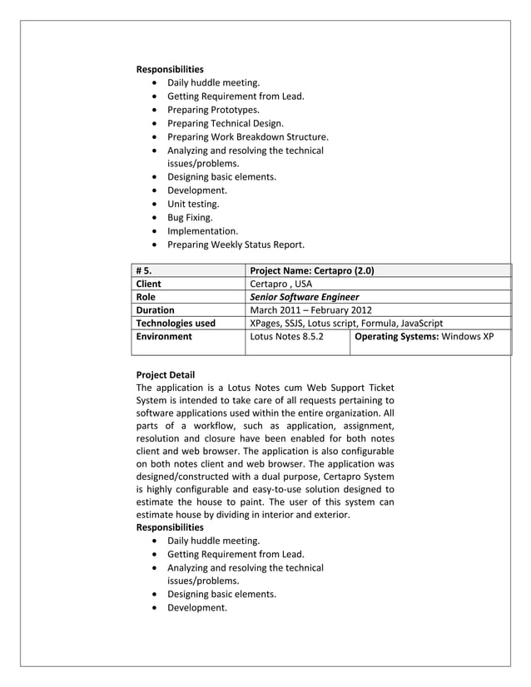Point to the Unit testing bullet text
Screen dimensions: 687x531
pos(193,204)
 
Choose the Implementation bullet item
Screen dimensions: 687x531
pos(202,231)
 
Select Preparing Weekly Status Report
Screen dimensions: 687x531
pos(236,245)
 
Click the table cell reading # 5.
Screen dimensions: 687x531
pos(144,270)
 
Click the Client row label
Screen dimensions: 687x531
pos(149,284)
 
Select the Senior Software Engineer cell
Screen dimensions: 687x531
pos(305,297)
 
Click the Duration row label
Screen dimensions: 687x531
pos(155,310)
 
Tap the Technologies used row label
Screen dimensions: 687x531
pos(176,324)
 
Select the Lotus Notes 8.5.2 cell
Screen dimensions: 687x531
pos(287,337)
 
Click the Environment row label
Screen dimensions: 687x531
pos(164,337)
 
